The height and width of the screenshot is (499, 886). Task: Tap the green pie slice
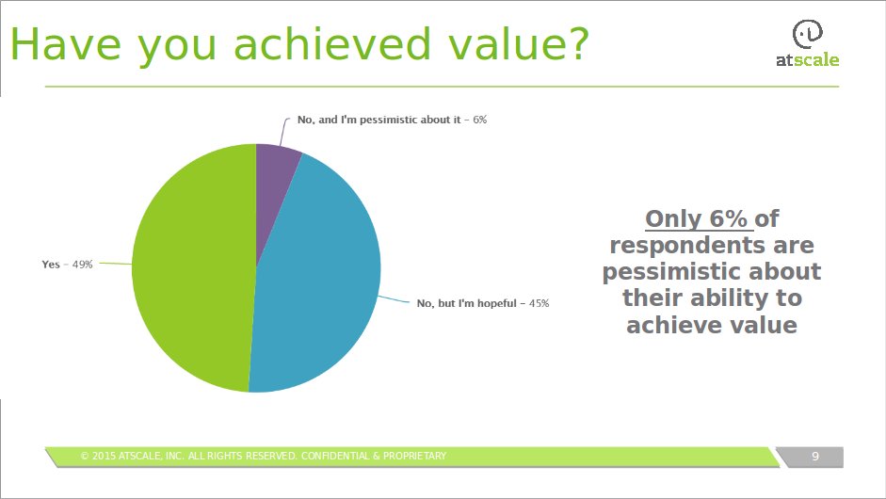click(192, 268)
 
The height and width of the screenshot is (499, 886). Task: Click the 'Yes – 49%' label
click(67, 265)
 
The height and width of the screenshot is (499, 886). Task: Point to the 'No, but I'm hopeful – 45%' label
click(483, 303)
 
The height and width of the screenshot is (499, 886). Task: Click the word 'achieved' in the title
click(332, 44)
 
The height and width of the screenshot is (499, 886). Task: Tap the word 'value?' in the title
click(519, 44)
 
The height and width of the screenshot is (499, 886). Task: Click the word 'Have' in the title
click(66, 44)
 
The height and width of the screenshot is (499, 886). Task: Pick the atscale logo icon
click(808, 35)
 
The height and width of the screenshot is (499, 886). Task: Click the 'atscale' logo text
click(808, 60)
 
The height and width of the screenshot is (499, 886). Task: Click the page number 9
click(814, 457)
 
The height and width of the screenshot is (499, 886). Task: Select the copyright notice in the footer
click(264, 456)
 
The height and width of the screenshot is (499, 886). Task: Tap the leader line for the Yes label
click(116, 264)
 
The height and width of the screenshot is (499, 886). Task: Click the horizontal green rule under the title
click(442, 87)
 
